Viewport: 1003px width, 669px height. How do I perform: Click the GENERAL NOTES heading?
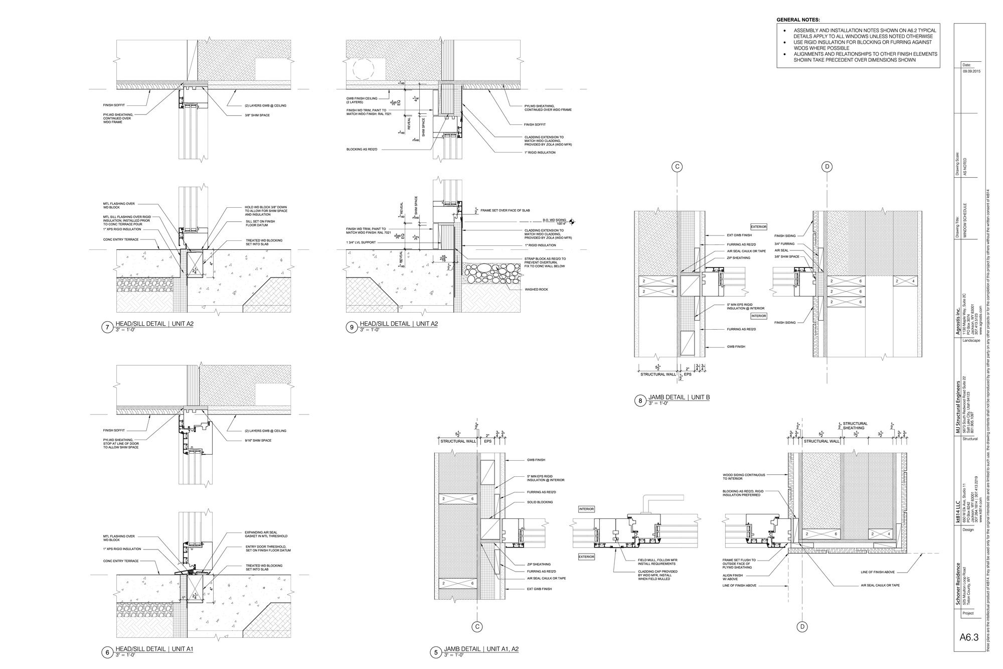(798, 20)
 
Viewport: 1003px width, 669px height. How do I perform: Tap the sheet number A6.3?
(969, 651)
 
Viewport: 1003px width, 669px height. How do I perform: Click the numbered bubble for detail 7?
(107, 328)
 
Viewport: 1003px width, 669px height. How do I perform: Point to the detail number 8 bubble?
(640, 400)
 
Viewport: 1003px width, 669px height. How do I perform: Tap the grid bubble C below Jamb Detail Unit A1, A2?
(477, 626)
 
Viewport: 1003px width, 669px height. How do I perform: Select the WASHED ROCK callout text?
(535, 290)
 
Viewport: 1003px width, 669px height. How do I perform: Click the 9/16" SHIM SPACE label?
(258, 441)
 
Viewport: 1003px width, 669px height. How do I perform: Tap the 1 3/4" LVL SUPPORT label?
(361, 242)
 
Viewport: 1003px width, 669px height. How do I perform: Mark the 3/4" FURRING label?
(784, 243)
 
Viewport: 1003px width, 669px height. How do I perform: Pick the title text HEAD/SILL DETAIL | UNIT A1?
(154, 649)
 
